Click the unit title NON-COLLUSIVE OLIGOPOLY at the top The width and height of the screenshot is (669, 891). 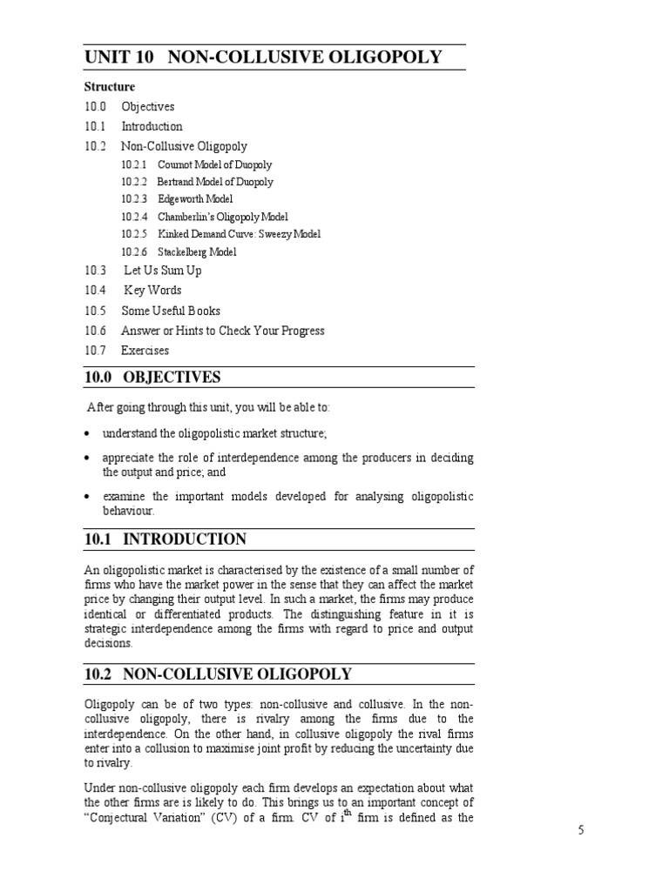[304, 58]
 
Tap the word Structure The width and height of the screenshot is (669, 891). [110, 87]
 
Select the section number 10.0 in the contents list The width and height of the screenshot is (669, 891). [95, 107]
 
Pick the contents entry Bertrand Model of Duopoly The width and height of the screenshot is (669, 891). [214, 182]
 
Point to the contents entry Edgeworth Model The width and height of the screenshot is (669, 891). [195, 199]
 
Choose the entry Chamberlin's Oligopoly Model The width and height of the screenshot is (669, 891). [223, 217]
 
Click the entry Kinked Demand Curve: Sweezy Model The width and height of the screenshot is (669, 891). [240, 234]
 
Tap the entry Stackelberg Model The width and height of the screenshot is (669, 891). [197, 252]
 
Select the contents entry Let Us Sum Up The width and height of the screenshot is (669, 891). [163, 271]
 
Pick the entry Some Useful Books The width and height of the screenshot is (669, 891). [171, 311]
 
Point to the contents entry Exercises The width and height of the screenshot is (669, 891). [145, 351]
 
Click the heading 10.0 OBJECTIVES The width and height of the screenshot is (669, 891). [152, 377]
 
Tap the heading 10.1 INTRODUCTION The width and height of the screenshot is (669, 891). [166, 539]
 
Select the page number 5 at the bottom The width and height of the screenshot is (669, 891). [581, 830]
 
